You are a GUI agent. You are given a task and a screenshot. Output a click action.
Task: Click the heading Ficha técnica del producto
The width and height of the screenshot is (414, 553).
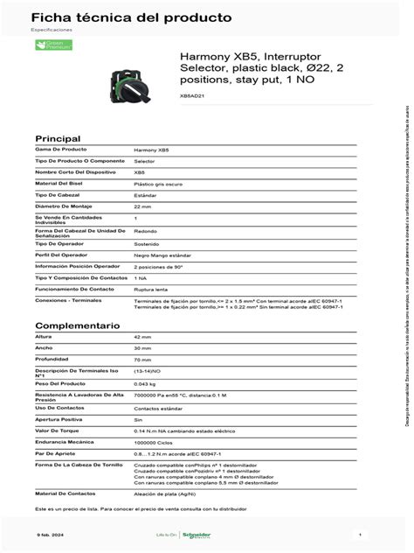(x=120, y=17)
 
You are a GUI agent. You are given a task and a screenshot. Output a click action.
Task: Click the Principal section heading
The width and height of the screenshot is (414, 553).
(x=57, y=138)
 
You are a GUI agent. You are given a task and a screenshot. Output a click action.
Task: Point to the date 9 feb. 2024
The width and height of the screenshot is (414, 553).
(x=49, y=533)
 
